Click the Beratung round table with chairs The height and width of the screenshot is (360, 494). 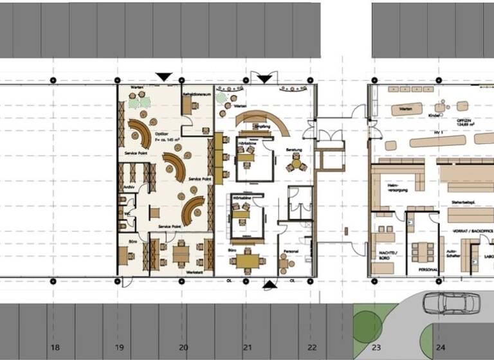(295, 164)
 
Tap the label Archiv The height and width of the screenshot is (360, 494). (128, 188)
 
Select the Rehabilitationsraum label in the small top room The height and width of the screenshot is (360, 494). (197, 94)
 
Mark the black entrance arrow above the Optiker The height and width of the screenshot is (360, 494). (164, 77)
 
